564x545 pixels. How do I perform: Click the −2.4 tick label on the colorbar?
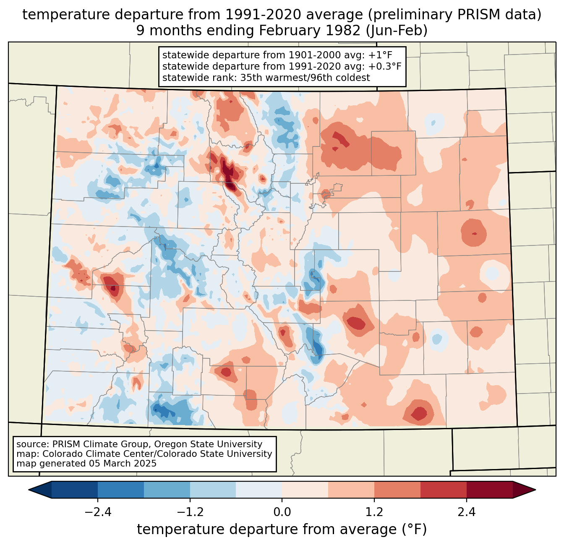pyautogui.click(x=98, y=512)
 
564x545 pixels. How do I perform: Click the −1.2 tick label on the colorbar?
pyautogui.click(x=190, y=512)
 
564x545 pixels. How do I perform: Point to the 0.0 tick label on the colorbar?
pyautogui.click(x=282, y=512)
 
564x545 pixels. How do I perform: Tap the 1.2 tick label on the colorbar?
pyautogui.click(x=374, y=512)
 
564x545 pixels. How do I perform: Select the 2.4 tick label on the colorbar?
pyautogui.click(x=467, y=512)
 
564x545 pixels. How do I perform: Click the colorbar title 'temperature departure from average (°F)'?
pyautogui.click(x=282, y=529)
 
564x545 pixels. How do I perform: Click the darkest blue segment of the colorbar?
pyautogui.click(x=75, y=490)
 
